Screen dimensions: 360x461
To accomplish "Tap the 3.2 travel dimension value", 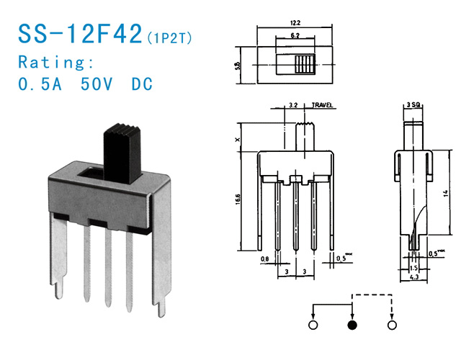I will [292, 106].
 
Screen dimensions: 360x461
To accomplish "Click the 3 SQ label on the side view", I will [413, 106].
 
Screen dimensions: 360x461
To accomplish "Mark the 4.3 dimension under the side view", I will [413, 276].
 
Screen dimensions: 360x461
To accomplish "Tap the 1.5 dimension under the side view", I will [413, 267].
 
